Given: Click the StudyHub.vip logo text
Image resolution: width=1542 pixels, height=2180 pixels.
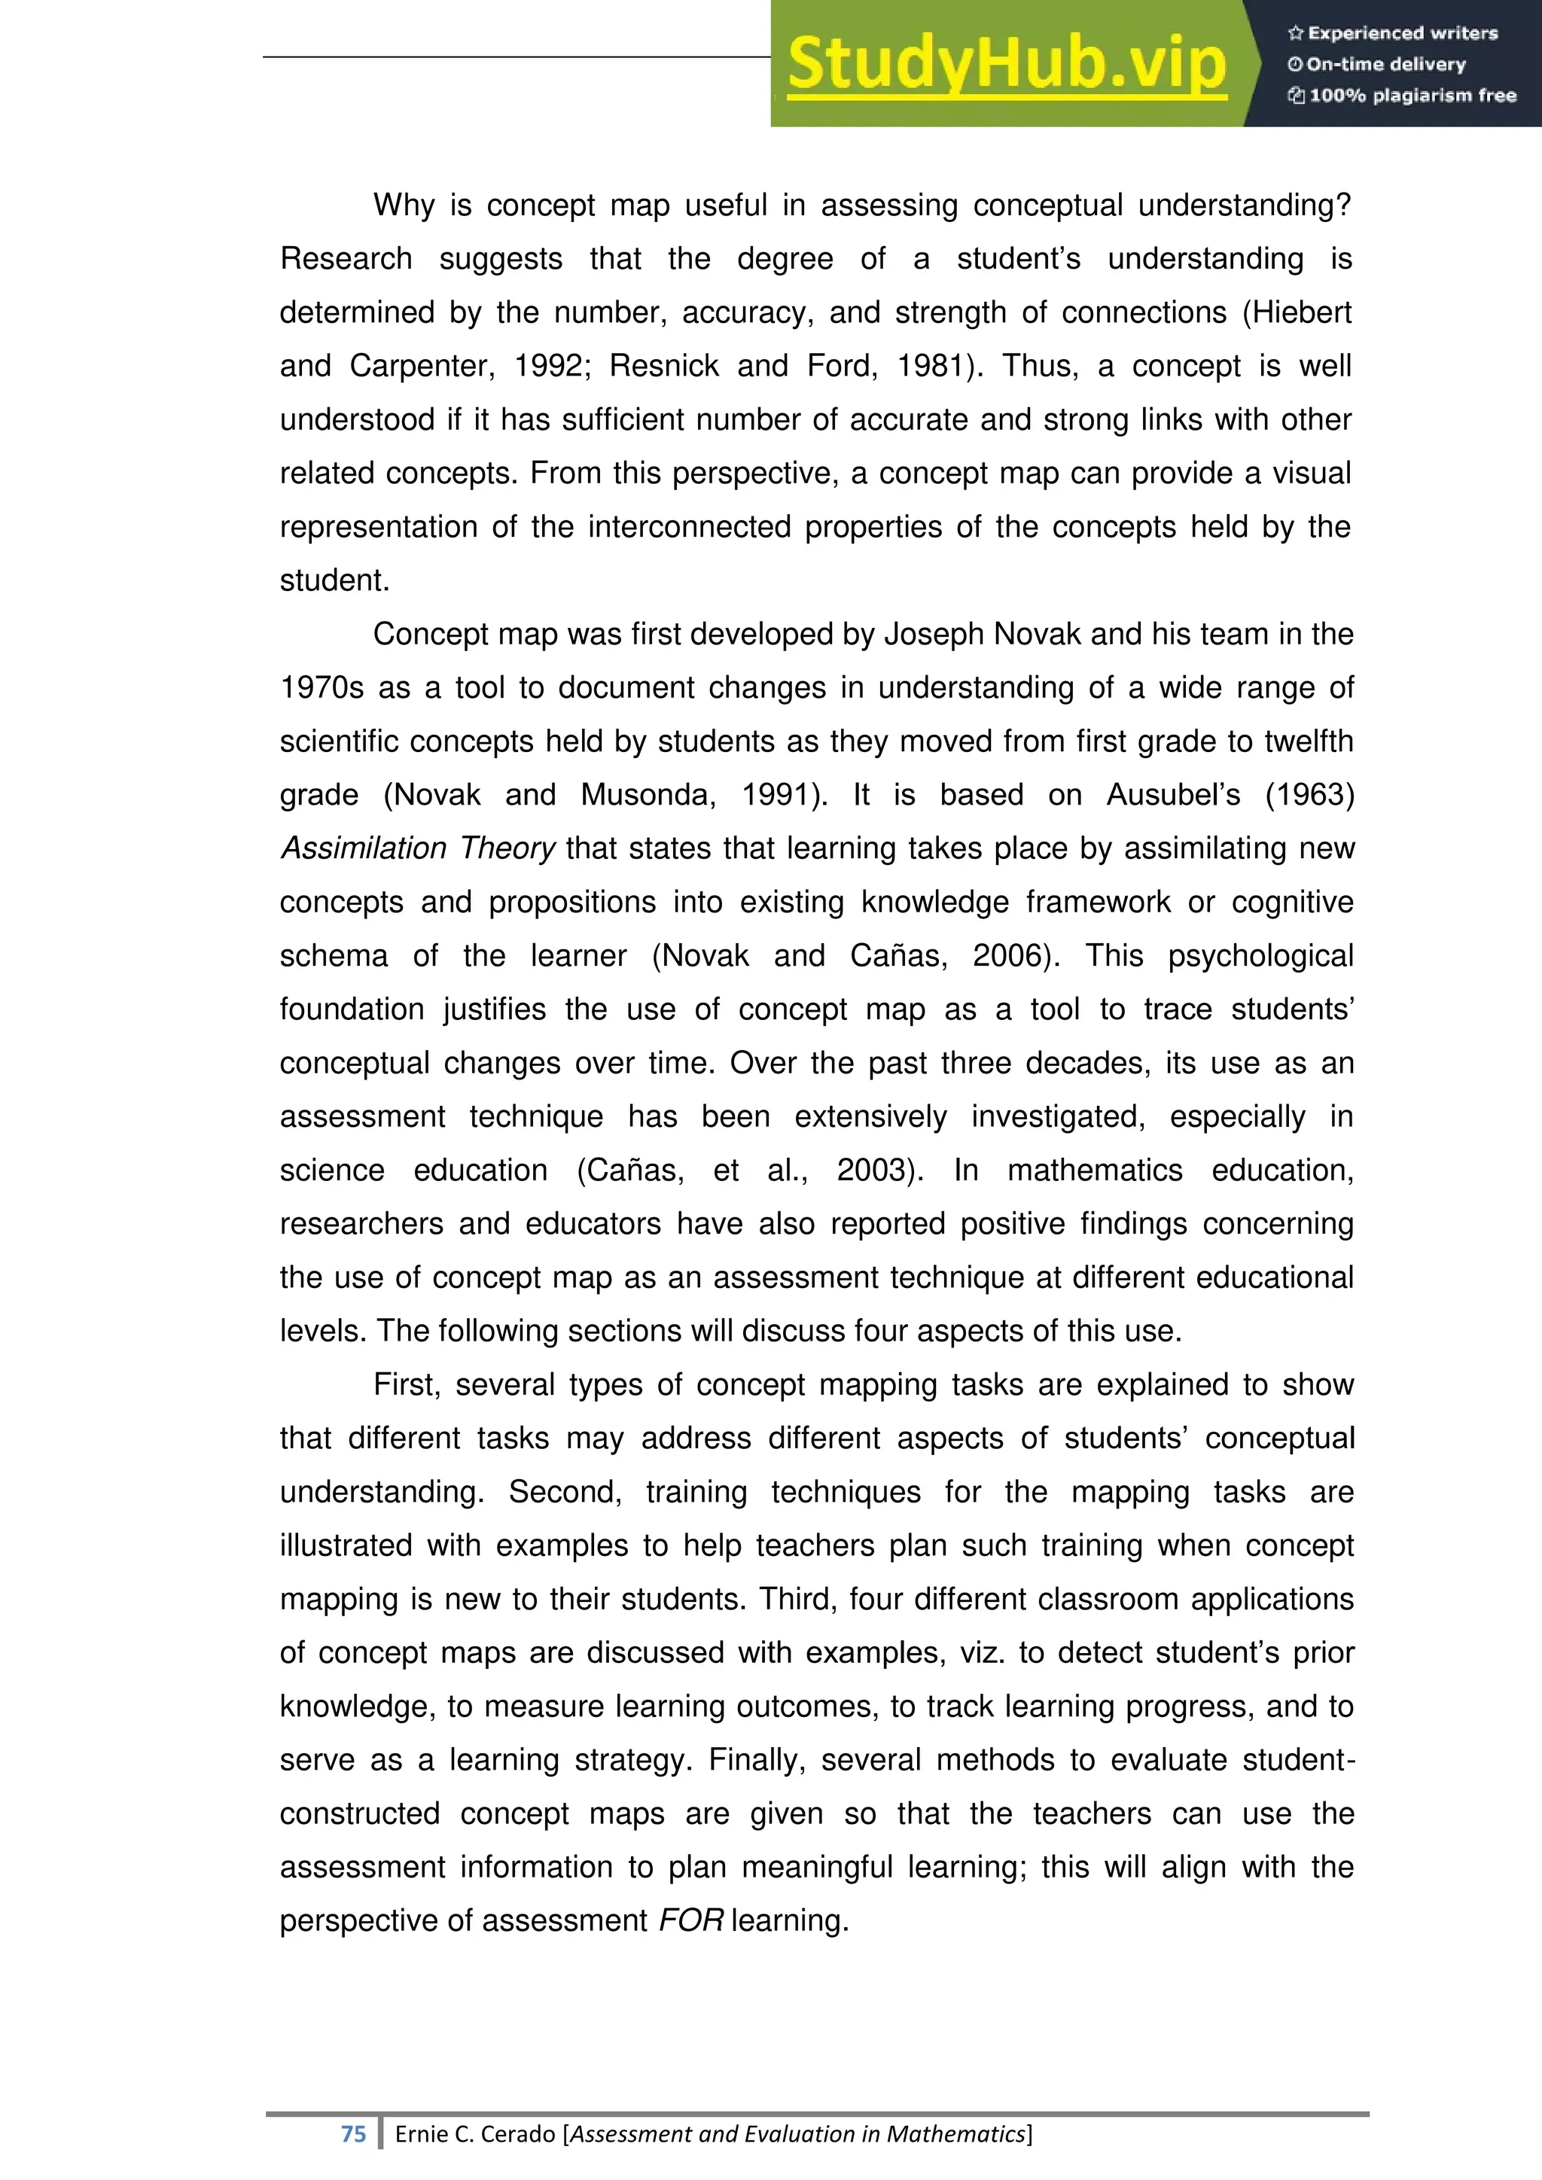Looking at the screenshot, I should pyautogui.click(x=1007, y=65).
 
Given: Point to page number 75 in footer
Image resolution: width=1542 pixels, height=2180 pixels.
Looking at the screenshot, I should pyautogui.click(x=353, y=2133).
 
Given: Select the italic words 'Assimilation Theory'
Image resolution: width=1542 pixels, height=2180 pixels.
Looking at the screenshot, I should pyautogui.click(x=417, y=848).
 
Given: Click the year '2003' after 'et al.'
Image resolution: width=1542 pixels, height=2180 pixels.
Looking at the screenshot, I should pyautogui.click(x=876, y=1170).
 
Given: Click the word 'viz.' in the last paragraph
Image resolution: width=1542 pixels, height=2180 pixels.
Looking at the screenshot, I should pyautogui.click(x=982, y=1652).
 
